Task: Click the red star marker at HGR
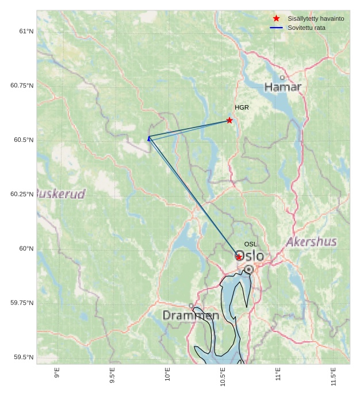pos(229,121)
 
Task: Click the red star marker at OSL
pos(239,257)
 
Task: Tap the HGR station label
pos(242,107)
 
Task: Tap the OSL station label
pos(250,244)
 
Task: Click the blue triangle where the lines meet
pos(149,138)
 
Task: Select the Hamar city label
pos(282,87)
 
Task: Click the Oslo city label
pos(250,256)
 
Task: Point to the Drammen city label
pos(190,315)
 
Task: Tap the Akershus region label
pos(311,241)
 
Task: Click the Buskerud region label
pos(61,193)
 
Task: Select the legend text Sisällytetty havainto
pos(316,19)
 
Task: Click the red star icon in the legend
pos(276,19)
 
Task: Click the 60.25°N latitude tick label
pos(22,194)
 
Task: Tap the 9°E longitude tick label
pos(56,373)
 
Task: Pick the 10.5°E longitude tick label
pos(223,376)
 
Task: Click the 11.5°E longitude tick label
pos(334,376)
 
